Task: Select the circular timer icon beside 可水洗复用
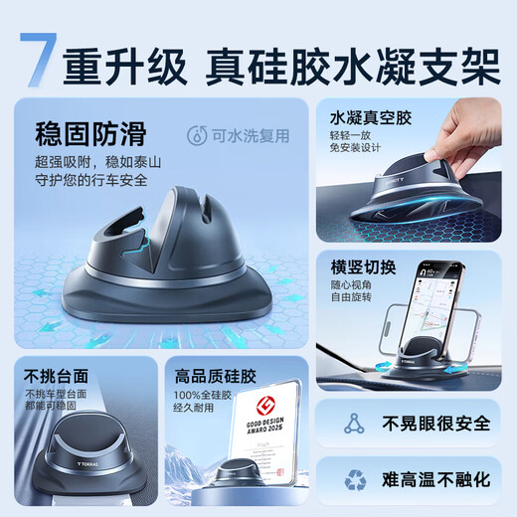click(198, 136)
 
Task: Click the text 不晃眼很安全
click(436, 424)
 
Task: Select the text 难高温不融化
click(436, 480)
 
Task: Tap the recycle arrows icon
click(354, 480)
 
